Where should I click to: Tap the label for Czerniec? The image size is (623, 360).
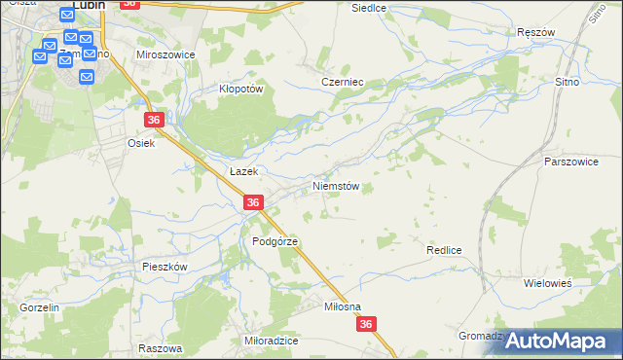[x=342, y=83]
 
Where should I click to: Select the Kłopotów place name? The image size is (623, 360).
[x=240, y=88]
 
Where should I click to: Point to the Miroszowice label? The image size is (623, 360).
[x=165, y=55]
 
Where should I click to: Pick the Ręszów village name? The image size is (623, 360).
[x=536, y=32]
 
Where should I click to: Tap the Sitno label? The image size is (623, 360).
[x=567, y=84]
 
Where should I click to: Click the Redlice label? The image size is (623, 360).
[x=443, y=250]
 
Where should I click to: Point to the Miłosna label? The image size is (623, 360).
[x=343, y=306]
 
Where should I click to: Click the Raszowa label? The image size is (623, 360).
[x=161, y=347]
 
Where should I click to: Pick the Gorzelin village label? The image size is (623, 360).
[x=40, y=307]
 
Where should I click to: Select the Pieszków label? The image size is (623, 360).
[x=164, y=266]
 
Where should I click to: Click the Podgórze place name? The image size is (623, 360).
[x=274, y=241]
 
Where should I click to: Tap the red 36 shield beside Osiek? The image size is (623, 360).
[x=154, y=120]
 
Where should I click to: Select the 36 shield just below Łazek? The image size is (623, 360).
[x=253, y=202]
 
